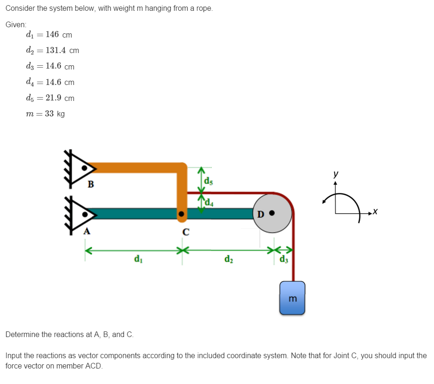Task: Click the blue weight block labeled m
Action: tap(292, 298)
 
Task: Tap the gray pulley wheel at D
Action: tap(272, 214)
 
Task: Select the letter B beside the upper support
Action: tap(91, 184)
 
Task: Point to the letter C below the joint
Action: tap(186, 232)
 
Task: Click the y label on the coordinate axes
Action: tap(335, 174)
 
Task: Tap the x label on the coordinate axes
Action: tap(375, 214)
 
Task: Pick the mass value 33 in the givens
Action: tap(50, 114)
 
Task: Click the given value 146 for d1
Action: tap(52, 34)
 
